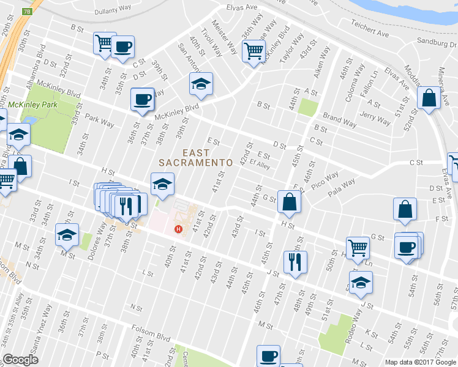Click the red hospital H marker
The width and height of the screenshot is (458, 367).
coord(178,229)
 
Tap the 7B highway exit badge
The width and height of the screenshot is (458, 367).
coord(26,11)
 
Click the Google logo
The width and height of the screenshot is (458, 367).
coord(20,360)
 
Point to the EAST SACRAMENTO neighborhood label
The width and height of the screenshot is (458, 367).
coord(195,157)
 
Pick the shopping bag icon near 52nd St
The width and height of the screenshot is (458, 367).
coord(429,97)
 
